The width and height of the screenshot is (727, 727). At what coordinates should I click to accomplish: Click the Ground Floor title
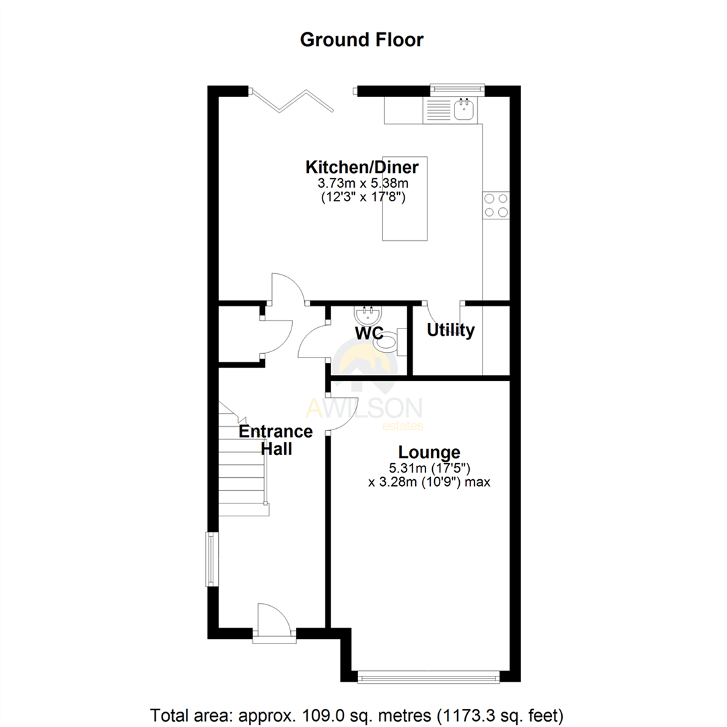click(x=361, y=40)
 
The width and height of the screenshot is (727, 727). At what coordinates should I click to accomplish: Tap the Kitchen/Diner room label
click(x=362, y=166)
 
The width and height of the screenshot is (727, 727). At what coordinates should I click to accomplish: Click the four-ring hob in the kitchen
click(x=496, y=205)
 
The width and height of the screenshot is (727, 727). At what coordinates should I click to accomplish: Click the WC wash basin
click(x=368, y=315)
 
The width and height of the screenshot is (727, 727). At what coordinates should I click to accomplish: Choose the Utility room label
click(x=450, y=331)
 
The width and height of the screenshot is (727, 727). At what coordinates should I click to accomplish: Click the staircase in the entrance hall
click(x=244, y=464)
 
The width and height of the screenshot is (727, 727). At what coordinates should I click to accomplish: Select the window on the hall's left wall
click(x=211, y=559)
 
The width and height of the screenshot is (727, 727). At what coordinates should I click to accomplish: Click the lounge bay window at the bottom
click(x=428, y=678)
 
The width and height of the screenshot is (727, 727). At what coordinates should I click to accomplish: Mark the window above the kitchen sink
click(x=457, y=86)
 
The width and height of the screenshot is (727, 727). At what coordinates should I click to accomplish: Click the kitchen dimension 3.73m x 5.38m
click(x=362, y=182)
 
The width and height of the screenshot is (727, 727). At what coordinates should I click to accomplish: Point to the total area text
click(x=361, y=712)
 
